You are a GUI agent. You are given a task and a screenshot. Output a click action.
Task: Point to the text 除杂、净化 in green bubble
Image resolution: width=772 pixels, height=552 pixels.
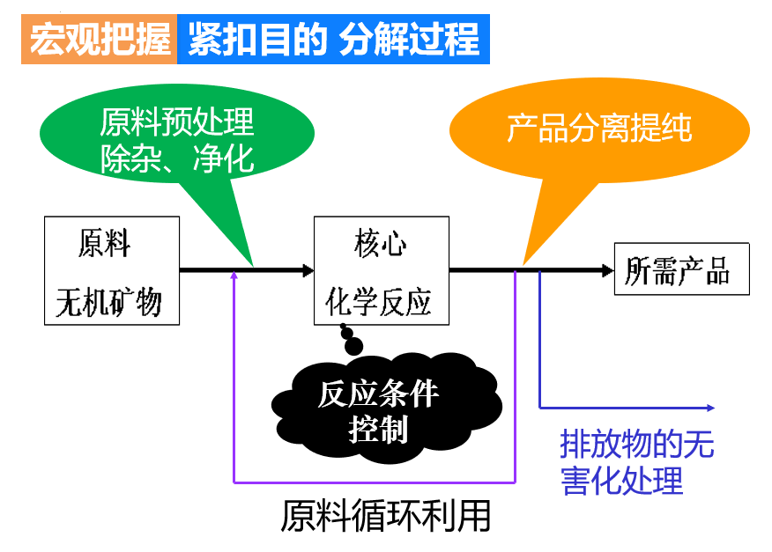[x=176, y=158]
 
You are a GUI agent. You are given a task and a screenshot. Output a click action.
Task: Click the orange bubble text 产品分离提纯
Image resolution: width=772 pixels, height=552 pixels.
[x=599, y=129]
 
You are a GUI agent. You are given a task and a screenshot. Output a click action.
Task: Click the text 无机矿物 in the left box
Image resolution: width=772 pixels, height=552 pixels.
[x=109, y=302]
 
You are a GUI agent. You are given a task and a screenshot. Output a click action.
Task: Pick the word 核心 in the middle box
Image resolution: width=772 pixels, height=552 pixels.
[x=381, y=243]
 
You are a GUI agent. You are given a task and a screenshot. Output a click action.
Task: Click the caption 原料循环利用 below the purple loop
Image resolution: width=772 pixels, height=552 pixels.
[x=385, y=516]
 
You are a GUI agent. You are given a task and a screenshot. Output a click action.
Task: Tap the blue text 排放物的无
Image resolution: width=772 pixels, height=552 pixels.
[x=636, y=445]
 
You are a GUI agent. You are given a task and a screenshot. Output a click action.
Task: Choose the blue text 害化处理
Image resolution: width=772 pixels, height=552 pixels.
[x=622, y=482]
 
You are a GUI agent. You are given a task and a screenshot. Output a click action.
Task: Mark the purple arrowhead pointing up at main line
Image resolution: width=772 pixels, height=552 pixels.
[x=234, y=275]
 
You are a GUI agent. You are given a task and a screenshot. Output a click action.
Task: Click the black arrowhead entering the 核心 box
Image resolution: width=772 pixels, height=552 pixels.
[x=308, y=269]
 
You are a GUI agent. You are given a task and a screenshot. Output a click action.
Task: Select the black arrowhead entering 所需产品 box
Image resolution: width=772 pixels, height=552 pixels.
[x=607, y=269]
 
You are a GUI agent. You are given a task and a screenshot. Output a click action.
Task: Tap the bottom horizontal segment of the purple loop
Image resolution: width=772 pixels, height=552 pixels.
[x=375, y=482]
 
